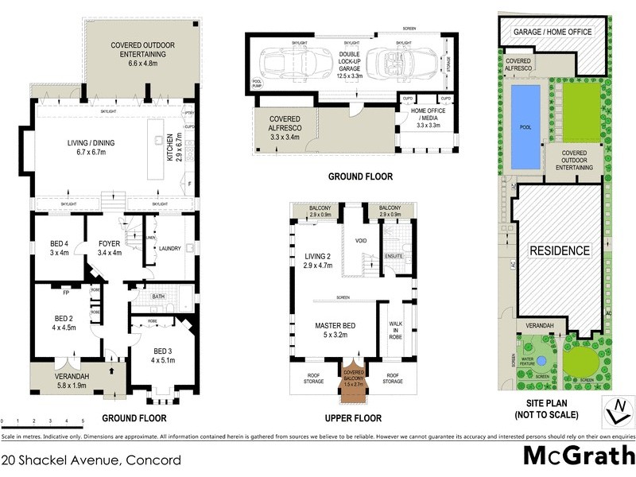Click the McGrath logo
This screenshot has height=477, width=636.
578,456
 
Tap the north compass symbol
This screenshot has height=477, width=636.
615,411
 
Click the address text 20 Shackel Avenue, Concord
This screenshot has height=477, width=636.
91,460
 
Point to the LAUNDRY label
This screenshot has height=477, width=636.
171,249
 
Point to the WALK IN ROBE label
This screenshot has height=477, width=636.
395,331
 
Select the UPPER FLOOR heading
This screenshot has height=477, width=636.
353,418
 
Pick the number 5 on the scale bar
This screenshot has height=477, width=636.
83,421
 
